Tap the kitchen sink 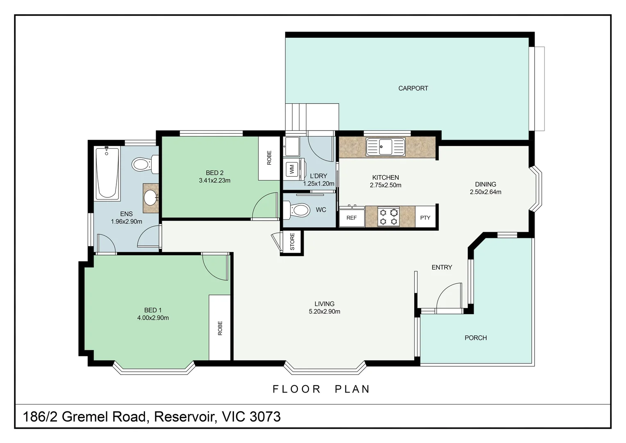386,146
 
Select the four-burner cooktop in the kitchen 388,216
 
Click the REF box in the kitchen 352,217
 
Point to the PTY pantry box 425,217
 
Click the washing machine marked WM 292,169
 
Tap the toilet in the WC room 297,210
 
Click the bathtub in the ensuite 107,173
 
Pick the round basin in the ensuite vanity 151,198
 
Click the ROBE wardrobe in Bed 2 269,158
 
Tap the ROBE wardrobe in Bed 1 220,327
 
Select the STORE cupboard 292,242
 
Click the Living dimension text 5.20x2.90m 324,311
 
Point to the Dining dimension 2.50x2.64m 485,192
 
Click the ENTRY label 442,267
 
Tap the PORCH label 476,338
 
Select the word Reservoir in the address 185,416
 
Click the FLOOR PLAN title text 321,389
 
